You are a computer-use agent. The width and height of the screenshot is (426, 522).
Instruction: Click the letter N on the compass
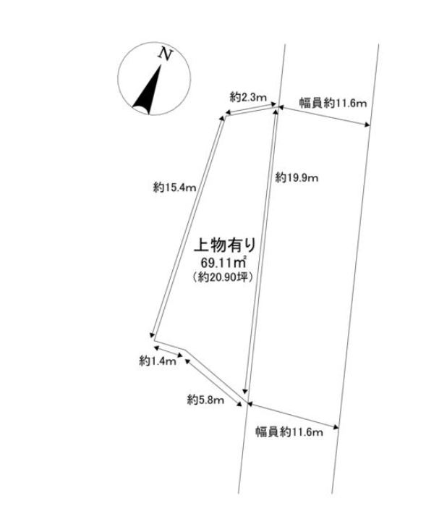166,54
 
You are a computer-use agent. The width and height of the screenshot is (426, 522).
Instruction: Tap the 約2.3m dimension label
248,97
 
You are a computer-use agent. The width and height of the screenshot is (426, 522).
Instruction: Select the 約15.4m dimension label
174,188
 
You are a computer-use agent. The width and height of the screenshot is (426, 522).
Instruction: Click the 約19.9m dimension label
297,178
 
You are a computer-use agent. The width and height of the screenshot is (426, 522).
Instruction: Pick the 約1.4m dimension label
157,361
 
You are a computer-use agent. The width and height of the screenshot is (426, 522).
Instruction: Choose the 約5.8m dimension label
205,399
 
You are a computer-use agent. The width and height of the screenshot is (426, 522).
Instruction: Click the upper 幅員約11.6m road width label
333,104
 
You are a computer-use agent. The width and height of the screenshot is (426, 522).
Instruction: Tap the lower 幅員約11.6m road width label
289,432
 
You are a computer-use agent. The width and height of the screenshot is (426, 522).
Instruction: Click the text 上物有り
225,245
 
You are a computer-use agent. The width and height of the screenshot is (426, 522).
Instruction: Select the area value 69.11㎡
223,263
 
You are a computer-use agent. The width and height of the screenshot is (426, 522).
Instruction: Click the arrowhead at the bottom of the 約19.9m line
246,391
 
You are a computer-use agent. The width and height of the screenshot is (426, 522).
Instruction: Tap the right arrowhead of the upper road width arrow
367,125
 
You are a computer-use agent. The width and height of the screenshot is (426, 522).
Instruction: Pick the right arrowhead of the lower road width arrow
336,426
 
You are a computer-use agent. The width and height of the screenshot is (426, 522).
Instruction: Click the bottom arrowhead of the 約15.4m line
153,334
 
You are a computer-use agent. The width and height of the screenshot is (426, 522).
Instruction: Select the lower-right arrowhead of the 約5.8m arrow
239,404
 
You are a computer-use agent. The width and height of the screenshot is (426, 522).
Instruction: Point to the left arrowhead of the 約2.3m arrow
228,112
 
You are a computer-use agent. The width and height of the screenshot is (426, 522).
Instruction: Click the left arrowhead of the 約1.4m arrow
156,348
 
